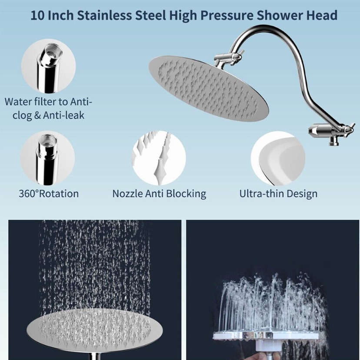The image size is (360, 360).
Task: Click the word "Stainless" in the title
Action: [x=104, y=16]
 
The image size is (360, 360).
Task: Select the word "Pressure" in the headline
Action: [x=227, y=16]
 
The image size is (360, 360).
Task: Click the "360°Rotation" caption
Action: [x=49, y=194]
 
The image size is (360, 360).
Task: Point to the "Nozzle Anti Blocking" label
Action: [x=159, y=194]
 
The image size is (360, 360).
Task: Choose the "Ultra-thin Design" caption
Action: [x=278, y=194]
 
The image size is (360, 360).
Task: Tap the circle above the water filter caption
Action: [x=48, y=66]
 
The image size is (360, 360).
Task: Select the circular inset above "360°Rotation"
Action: [x=47, y=158]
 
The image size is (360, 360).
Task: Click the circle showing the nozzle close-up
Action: [x=159, y=158]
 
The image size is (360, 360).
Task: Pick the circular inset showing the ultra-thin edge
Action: [x=278, y=158]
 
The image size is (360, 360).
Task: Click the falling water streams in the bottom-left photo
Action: [x=94, y=264]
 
